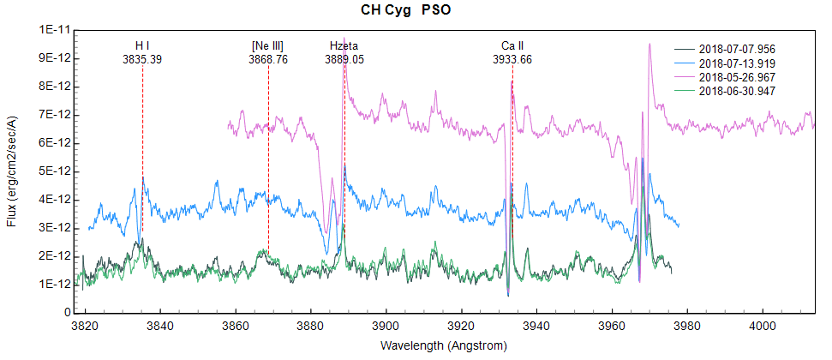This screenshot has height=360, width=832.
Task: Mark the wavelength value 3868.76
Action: (x=268, y=60)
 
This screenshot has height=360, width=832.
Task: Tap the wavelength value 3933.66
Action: (x=512, y=60)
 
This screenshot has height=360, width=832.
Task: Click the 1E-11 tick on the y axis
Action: (x=54, y=30)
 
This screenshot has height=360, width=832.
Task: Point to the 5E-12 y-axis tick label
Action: (x=54, y=171)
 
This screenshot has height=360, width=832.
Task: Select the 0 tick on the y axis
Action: (x=66, y=312)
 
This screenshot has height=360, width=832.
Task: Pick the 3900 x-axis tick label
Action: (x=386, y=327)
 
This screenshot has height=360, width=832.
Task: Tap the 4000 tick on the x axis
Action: (x=762, y=327)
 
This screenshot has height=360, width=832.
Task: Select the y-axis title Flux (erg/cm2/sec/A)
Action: (x=11, y=171)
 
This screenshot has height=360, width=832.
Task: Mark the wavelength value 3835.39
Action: (x=142, y=60)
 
